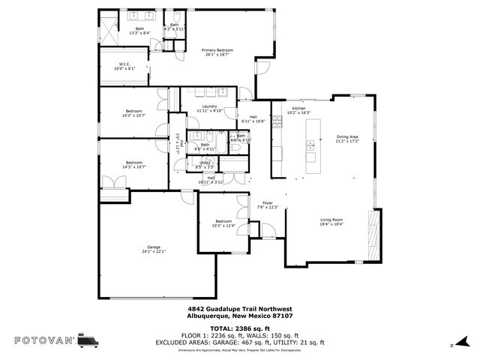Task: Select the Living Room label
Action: click(x=331, y=220)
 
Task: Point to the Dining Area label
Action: click(x=347, y=136)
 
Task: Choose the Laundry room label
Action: click(x=210, y=106)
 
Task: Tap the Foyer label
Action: click(x=268, y=202)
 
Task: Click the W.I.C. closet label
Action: click(x=124, y=64)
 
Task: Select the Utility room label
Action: click(x=204, y=161)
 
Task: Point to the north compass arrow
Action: click(x=452, y=346)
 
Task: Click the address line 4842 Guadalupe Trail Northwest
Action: click(x=239, y=308)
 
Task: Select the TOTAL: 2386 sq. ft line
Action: click(x=239, y=328)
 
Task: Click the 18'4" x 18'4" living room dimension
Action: click(x=331, y=224)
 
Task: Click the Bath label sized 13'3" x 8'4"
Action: click(x=139, y=28)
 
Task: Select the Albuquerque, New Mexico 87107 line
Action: click(x=239, y=316)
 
